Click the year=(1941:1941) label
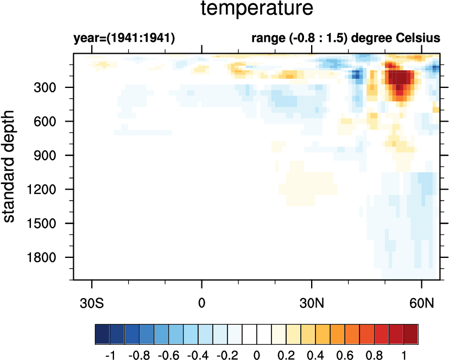(x=124, y=39)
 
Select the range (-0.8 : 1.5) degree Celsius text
(x=345, y=39)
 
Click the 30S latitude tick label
(x=92, y=300)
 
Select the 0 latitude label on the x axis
(x=202, y=300)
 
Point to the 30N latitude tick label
(x=312, y=300)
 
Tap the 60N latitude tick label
(x=422, y=300)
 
